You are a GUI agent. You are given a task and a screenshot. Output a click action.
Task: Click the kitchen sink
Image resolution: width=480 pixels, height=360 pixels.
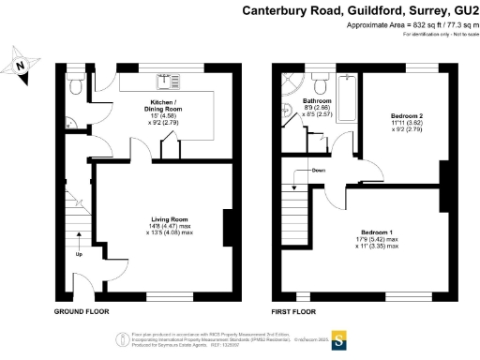[x=164, y=79]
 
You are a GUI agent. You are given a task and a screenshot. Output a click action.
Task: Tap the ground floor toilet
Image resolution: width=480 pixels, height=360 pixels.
[x=75, y=88]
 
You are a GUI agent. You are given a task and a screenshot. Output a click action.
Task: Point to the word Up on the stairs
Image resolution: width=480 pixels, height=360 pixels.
[x=78, y=254]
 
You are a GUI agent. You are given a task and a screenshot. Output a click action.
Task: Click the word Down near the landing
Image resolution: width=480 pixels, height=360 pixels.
[x=320, y=172]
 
